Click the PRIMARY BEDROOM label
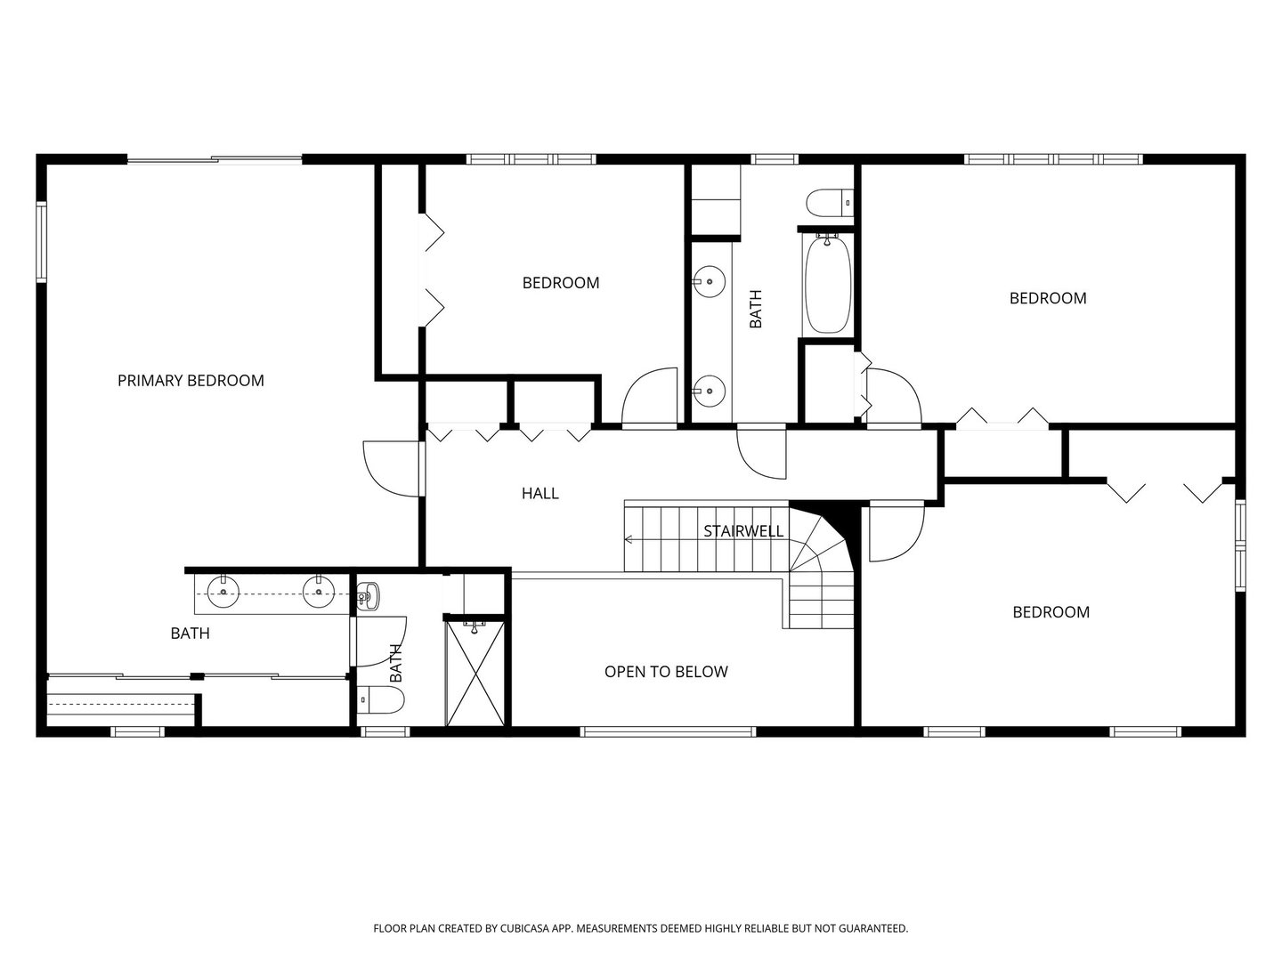click(191, 381)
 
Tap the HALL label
click(540, 494)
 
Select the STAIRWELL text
click(742, 531)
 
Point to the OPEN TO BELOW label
click(666, 672)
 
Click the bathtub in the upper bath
click(828, 284)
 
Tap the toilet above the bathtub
click(830, 203)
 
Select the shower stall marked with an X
click(475, 674)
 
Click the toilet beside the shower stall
click(380, 699)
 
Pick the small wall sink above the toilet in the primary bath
click(368, 596)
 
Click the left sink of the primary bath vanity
click(223, 592)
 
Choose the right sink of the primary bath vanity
click(319, 592)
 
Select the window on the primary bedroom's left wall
click(41, 242)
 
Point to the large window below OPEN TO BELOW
click(669, 731)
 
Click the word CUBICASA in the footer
click(525, 928)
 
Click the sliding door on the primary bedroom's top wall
click(215, 158)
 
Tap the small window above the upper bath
click(774, 158)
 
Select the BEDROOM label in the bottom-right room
click(1051, 612)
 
